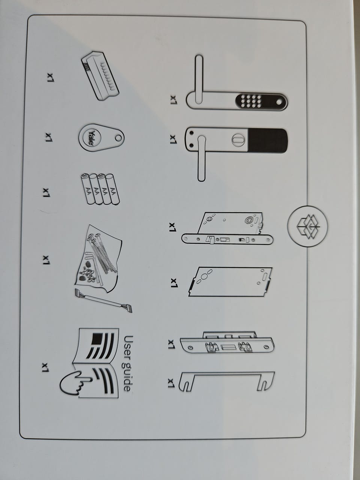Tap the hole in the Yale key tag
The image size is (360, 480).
point(118,138)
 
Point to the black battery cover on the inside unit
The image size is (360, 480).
point(267,141)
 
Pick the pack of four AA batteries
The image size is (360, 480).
point(100,189)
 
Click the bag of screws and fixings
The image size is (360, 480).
point(98,258)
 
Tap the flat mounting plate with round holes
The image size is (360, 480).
point(230,282)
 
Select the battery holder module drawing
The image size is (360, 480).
point(100,76)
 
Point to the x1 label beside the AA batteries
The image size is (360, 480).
point(46,192)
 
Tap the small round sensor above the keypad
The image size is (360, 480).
point(279,102)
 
